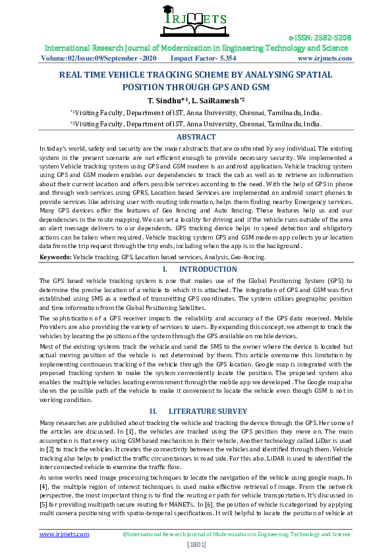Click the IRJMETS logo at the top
(196, 22)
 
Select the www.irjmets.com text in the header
(323, 58)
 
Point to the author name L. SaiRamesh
(221, 99)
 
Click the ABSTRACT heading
(196, 137)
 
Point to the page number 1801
(196, 544)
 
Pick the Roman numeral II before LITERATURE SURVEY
(154, 411)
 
